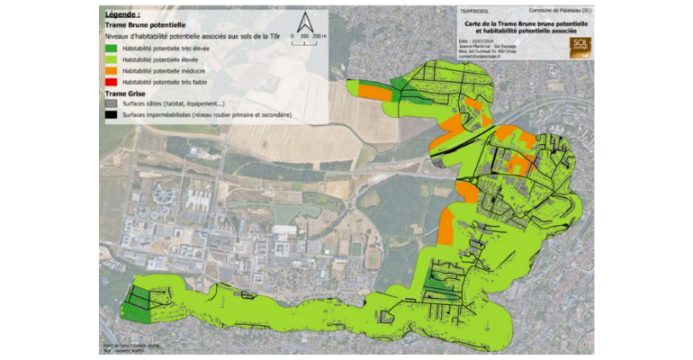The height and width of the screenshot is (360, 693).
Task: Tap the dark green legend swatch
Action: click(x=111, y=47)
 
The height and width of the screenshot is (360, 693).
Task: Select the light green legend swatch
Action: click(x=111, y=58)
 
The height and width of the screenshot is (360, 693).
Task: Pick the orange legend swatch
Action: click(x=111, y=69)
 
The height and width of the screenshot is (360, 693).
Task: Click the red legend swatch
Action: click(x=111, y=81)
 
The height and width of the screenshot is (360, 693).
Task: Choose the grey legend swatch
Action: click(x=111, y=104)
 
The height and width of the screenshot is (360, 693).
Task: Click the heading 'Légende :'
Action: click(x=122, y=15)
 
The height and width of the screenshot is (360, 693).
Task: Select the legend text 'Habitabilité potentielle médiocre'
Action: click(x=165, y=69)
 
